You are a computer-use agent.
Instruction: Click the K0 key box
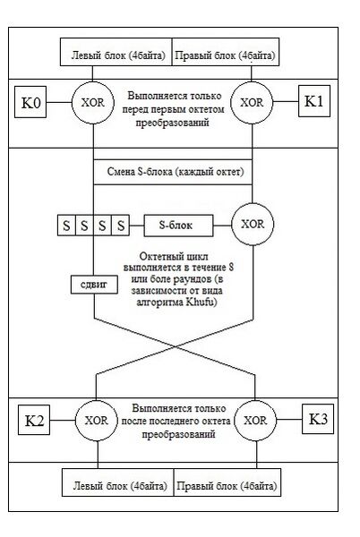[x=30, y=102]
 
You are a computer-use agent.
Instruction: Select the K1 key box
[x=314, y=101]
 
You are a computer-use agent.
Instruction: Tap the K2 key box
[x=34, y=420]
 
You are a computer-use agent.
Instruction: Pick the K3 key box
[x=318, y=419]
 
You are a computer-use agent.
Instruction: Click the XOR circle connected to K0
[x=93, y=102]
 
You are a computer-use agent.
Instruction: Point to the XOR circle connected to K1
[x=252, y=102]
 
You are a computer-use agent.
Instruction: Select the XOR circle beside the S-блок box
[x=253, y=224]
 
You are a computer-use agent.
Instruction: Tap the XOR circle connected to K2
[x=96, y=421]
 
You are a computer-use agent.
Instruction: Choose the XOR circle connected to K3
[x=255, y=421]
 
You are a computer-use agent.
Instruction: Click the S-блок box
[x=178, y=226]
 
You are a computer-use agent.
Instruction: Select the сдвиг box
[x=94, y=285]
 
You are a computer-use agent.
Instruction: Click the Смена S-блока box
[x=173, y=172]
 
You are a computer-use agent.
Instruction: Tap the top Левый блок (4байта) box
[x=116, y=52]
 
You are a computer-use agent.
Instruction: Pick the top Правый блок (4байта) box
[x=226, y=52]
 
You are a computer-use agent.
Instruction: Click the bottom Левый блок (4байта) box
[x=118, y=482]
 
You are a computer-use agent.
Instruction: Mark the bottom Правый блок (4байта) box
[x=227, y=482]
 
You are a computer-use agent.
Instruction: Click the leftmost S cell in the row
[x=66, y=226]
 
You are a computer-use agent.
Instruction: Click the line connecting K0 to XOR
[x=59, y=102]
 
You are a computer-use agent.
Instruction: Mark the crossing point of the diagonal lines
[x=176, y=346]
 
